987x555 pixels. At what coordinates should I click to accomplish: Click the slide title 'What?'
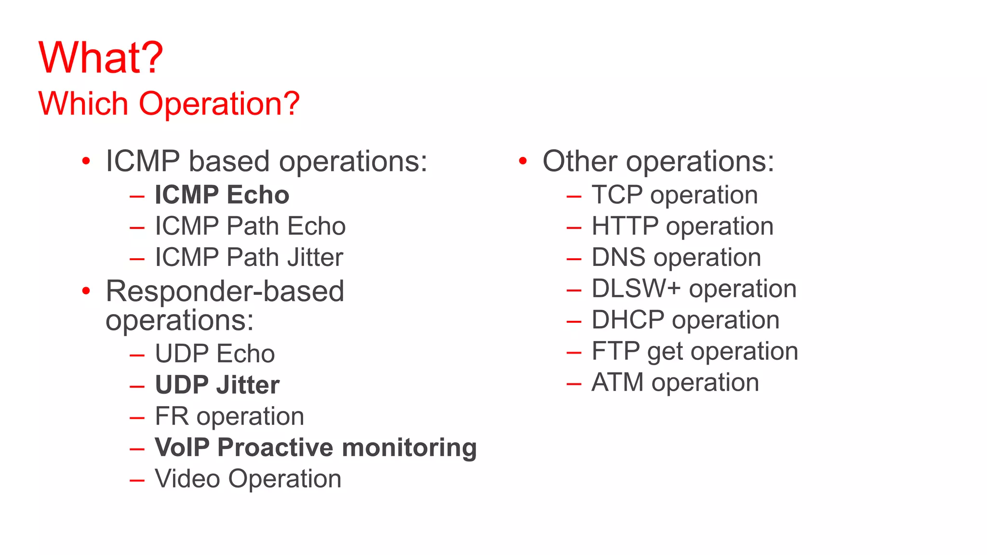pyautogui.click(x=101, y=58)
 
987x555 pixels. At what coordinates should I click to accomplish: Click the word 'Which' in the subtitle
pyautogui.click(x=83, y=104)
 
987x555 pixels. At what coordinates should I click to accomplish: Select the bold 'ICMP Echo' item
pyautogui.click(x=222, y=195)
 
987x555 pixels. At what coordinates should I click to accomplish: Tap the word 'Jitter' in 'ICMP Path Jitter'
pyautogui.click(x=315, y=257)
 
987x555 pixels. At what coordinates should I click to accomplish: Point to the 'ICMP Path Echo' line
pyautogui.click(x=250, y=226)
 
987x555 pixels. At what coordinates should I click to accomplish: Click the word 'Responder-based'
pyautogui.click(x=225, y=291)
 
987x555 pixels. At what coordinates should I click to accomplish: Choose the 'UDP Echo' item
pyautogui.click(x=214, y=354)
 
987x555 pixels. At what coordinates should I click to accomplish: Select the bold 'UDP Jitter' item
pyautogui.click(x=217, y=385)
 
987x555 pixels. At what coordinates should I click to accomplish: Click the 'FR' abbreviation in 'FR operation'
pyautogui.click(x=171, y=416)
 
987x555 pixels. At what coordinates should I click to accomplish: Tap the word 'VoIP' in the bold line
pyautogui.click(x=182, y=448)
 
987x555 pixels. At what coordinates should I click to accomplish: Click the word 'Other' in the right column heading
pyautogui.click(x=579, y=161)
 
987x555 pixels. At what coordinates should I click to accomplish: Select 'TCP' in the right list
pyautogui.click(x=617, y=195)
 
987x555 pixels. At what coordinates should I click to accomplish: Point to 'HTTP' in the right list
pyautogui.click(x=625, y=226)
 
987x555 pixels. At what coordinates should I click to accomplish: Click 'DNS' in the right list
pyautogui.click(x=618, y=257)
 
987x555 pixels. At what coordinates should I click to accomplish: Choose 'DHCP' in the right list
pyautogui.click(x=628, y=320)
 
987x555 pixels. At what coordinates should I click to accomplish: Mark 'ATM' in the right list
pyautogui.click(x=617, y=383)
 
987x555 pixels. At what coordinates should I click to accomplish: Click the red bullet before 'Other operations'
pyautogui.click(x=523, y=161)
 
